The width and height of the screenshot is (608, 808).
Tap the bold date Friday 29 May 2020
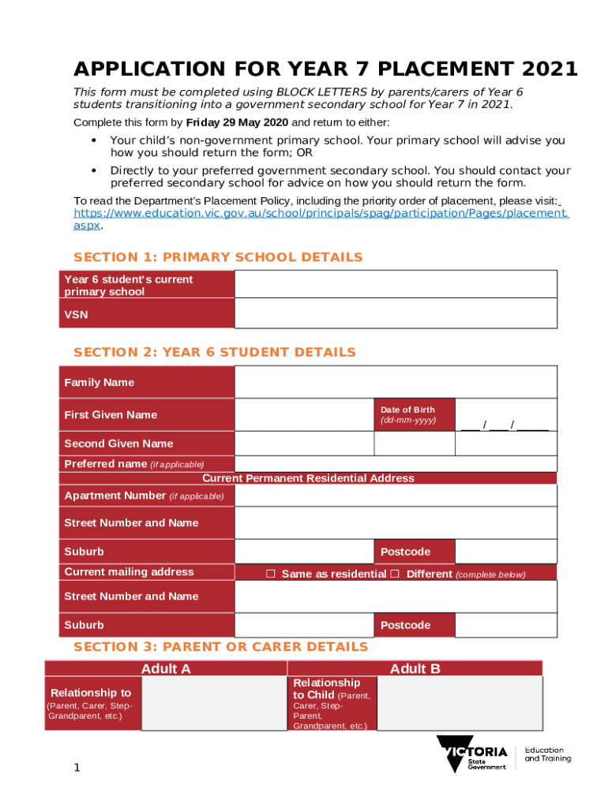(237, 123)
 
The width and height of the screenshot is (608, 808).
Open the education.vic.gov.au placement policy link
(320, 213)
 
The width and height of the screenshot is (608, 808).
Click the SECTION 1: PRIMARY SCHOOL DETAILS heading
(218, 257)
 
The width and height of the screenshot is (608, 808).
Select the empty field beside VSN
(396, 313)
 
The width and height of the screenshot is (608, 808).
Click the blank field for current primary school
(396, 284)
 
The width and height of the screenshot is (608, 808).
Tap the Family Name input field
(396, 383)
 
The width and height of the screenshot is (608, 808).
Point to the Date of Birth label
(407, 410)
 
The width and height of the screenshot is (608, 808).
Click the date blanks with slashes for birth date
(505, 426)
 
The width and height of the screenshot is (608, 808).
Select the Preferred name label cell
(147, 464)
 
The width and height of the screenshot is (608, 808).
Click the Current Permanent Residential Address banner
(308, 478)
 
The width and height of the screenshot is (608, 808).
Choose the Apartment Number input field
(396, 496)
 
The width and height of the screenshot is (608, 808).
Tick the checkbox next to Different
(395, 574)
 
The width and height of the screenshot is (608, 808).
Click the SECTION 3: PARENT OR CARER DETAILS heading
(220, 647)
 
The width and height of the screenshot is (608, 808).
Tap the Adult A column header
(166, 669)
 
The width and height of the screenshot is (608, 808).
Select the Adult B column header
(415, 669)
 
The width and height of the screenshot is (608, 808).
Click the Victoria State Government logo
(472, 754)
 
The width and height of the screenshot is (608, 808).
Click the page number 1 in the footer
(77, 768)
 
